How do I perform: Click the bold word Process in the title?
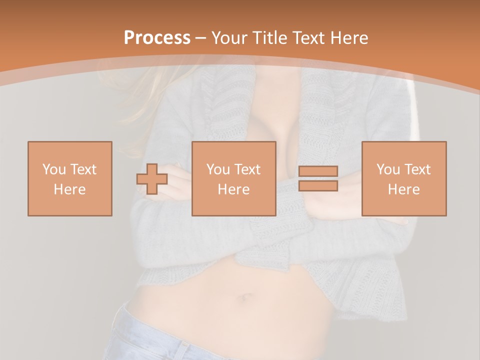pos(157,38)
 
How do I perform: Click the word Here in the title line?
pos(348,38)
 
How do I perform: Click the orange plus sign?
pos(152,178)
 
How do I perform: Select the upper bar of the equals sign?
pos(318,171)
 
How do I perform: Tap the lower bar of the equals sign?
pos(318,186)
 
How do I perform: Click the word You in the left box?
pos(53,169)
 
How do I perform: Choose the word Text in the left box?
pos(83,169)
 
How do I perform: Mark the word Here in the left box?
pos(69,189)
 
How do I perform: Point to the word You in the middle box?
pos(218,169)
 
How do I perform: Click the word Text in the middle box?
pos(247,169)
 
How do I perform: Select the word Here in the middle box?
pos(233,189)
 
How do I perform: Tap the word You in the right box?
pos(388,169)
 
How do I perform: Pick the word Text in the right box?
pos(417,169)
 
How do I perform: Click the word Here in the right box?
pos(403,189)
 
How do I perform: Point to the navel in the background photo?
pos(246,298)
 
